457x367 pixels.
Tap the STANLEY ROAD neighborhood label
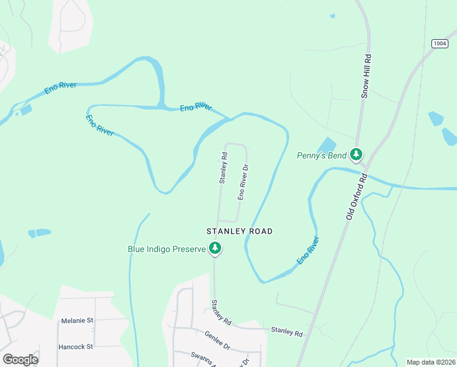click(239, 231)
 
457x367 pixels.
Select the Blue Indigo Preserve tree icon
click(214, 248)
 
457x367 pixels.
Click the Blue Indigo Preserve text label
click(166, 249)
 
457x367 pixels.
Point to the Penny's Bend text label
click(321, 155)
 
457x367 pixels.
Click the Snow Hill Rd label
click(366, 76)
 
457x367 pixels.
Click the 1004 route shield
click(439, 43)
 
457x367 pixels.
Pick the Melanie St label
click(77, 320)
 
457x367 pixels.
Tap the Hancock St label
click(75, 346)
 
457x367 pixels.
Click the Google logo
click(20, 359)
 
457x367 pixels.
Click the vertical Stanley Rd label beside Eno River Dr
click(223, 168)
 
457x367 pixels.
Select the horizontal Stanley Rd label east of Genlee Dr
click(287, 332)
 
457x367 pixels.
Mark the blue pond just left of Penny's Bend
click(327, 145)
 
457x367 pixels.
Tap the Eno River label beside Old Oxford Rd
click(309, 251)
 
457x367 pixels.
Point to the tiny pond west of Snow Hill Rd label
click(332, 16)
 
